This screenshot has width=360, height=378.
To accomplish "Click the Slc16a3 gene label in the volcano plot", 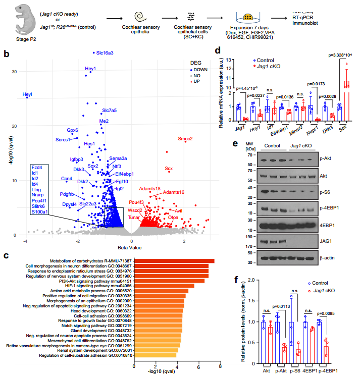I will click(103, 52).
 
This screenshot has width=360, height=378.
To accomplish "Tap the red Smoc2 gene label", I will click(185, 139).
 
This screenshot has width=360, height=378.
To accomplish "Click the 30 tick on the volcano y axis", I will click(14, 72).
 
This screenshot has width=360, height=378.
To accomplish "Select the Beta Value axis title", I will click(115, 247).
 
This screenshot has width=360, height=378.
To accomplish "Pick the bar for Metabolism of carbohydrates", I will click(175, 260).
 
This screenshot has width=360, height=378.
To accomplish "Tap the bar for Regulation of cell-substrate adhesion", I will click(156, 355).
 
